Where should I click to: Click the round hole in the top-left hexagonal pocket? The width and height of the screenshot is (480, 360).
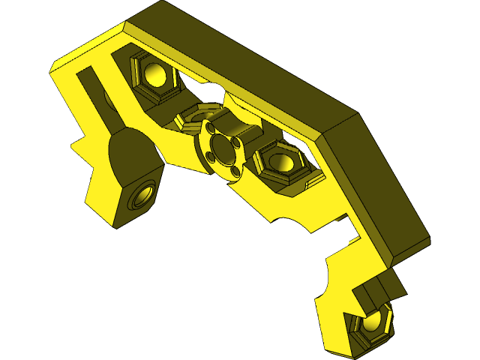point(155,74)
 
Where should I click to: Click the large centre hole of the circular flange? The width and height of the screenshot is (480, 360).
point(223,149)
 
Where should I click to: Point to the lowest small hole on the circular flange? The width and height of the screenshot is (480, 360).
point(235,172)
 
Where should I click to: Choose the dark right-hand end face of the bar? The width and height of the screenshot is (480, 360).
point(375,187)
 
